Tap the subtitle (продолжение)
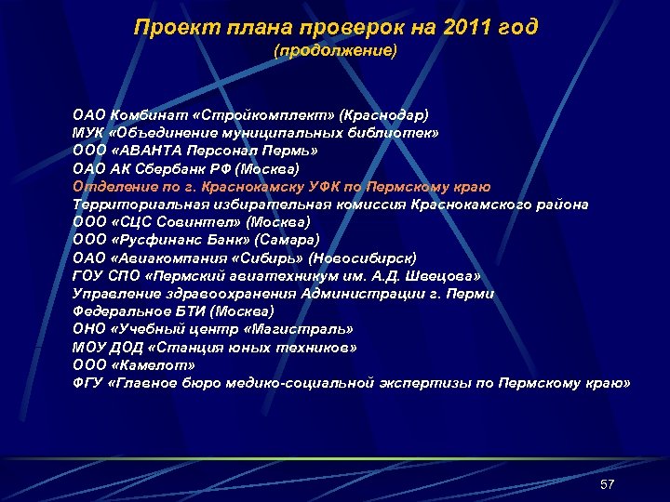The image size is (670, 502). coord(335,51)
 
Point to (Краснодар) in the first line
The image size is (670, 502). coord(384,115)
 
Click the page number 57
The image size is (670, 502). coord(608,484)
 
